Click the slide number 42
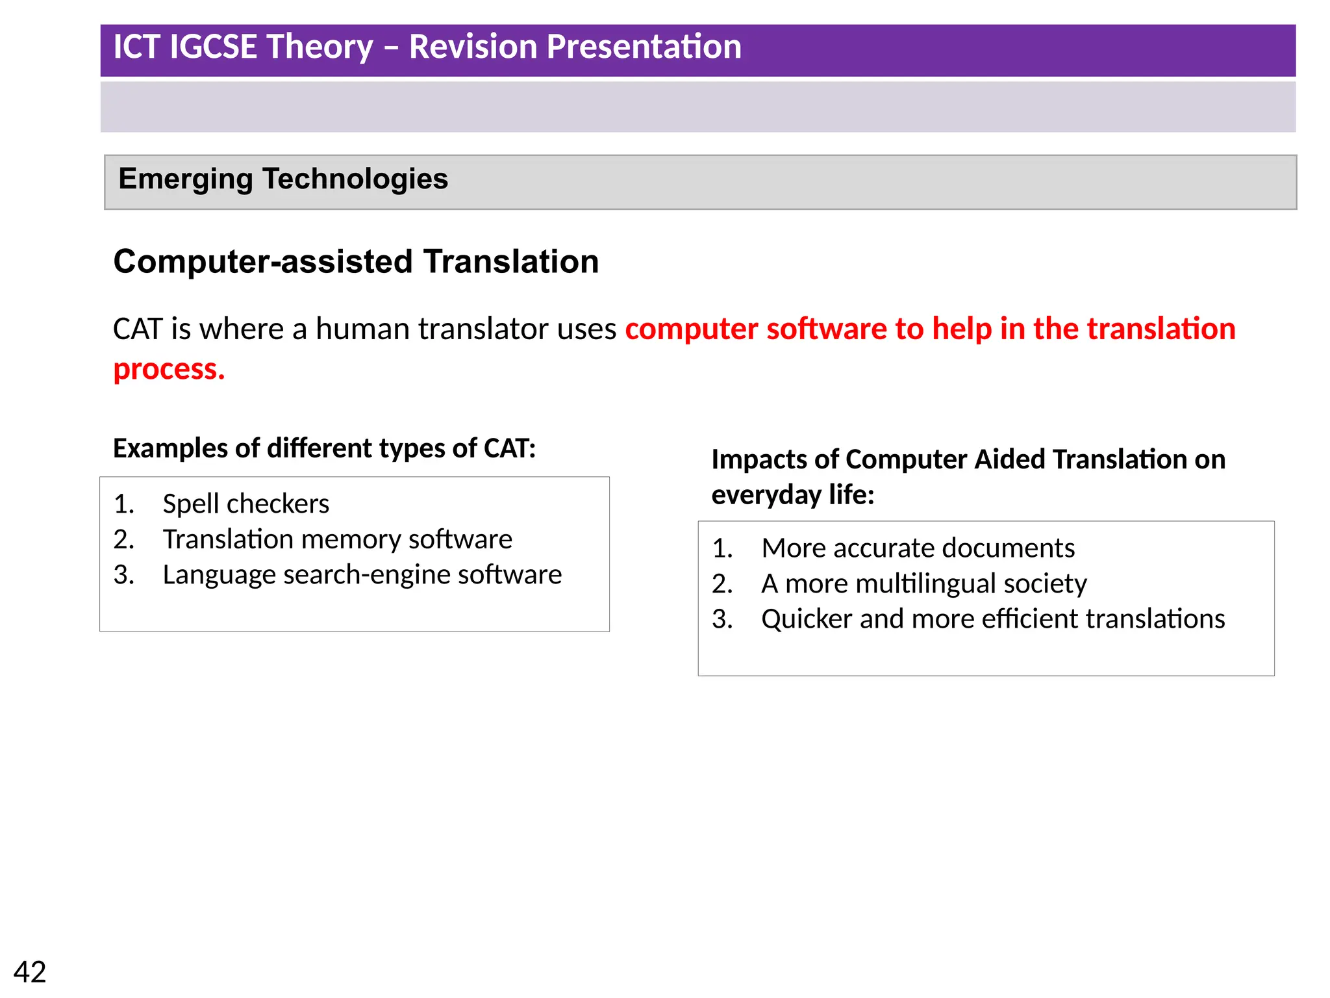30,972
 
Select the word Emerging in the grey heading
184,179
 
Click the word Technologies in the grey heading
355,179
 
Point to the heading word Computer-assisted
262,261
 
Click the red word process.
168,369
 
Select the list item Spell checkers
245,504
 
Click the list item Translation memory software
337,539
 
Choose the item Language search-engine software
362,574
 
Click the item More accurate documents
918,548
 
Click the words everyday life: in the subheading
792,495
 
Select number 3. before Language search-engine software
124,574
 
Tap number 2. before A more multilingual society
722,583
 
